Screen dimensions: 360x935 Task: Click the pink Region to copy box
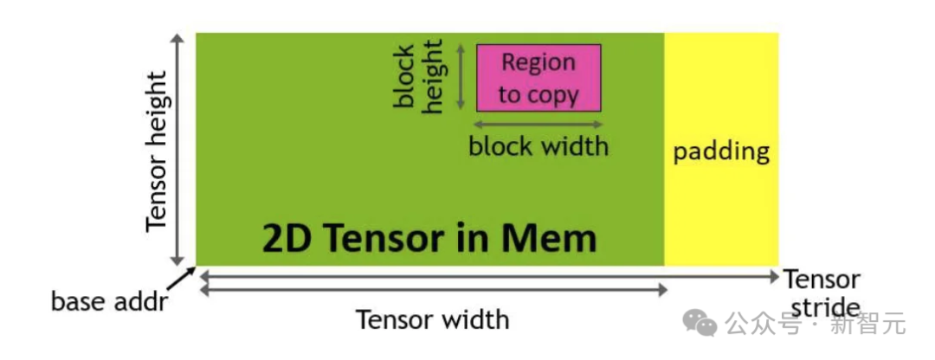[x=538, y=78]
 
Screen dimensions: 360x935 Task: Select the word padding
[x=721, y=151]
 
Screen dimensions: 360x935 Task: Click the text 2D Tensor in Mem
[x=429, y=236]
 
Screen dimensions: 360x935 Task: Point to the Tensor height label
[x=156, y=151]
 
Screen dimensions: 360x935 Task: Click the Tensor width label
[x=433, y=320]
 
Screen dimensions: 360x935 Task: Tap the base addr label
[x=108, y=302]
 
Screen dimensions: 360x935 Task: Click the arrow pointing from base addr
[x=182, y=278]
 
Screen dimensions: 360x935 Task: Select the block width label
[x=538, y=145]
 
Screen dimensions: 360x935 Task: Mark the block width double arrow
[x=538, y=125]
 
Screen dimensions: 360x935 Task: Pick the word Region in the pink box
[x=538, y=62]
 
